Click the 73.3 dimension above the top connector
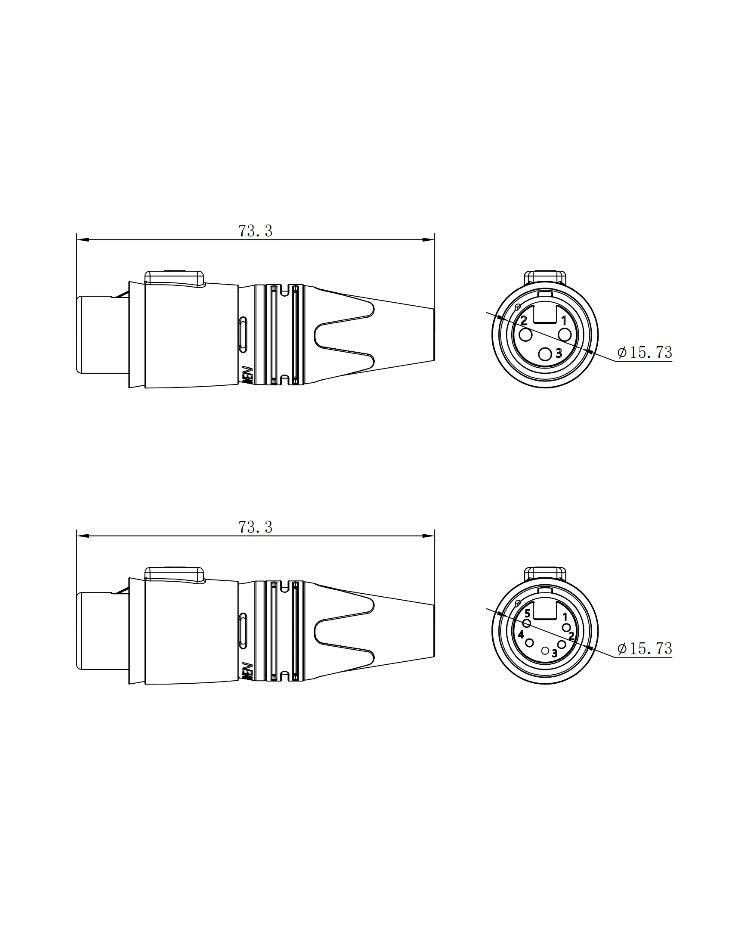(255, 231)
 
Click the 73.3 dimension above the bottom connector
(255, 527)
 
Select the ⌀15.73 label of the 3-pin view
(644, 353)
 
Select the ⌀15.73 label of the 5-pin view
(644, 649)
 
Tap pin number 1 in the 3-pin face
(564, 320)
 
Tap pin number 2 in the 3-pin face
(524, 320)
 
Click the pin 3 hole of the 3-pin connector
(546, 354)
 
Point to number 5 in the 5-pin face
(527, 614)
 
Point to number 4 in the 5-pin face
(521, 634)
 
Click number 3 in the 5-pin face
(554, 653)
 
